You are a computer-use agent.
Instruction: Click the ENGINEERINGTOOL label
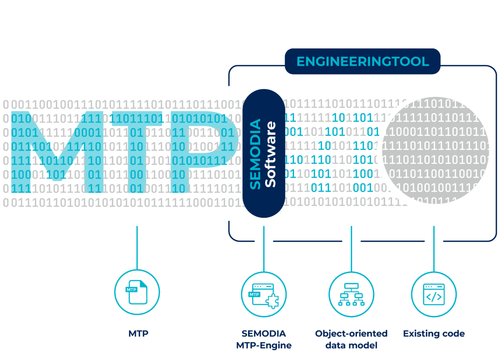coord(362,62)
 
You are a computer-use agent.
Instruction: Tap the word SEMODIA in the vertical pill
coord(256,154)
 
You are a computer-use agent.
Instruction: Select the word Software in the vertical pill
coord(271,154)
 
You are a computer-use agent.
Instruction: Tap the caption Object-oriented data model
coord(351,339)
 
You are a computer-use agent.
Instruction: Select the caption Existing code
coord(434,334)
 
